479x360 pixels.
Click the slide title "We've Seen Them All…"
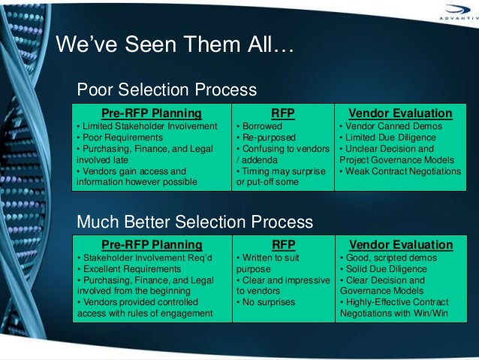point(176,47)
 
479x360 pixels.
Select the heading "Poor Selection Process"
point(167,91)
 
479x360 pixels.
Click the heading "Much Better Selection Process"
point(195,222)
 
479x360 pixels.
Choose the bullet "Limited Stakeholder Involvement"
point(147,126)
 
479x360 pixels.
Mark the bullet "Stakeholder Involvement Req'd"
point(146,257)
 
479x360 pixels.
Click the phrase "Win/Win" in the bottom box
point(430,313)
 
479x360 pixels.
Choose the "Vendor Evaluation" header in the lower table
point(401,244)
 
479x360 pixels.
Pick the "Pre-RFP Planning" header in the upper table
point(152,113)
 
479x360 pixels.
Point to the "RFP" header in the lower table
point(282,244)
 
